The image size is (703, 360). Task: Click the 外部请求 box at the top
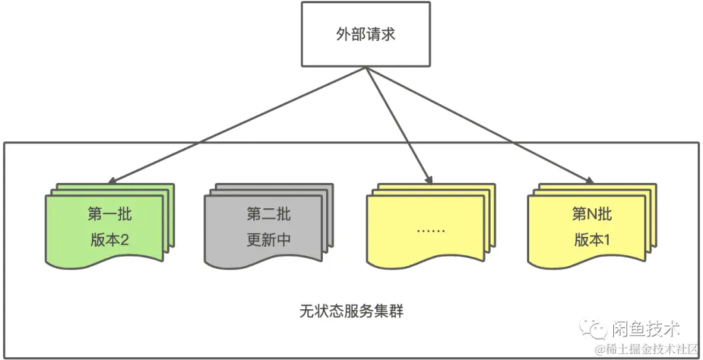tap(365, 34)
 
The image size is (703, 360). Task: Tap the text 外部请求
tap(365, 34)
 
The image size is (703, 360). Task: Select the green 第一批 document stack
tap(107, 227)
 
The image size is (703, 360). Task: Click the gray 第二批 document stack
tap(267, 227)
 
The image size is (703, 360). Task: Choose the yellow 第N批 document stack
tap(589, 227)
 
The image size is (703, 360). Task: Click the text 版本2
tap(109, 240)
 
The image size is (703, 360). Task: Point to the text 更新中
tap(268, 240)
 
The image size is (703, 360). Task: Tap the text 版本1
tap(592, 240)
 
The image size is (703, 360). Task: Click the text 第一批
tap(109, 214)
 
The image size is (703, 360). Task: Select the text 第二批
tap(268, 214)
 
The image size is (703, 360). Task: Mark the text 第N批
tap(592, 214)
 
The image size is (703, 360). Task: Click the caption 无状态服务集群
tap(351, 311)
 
